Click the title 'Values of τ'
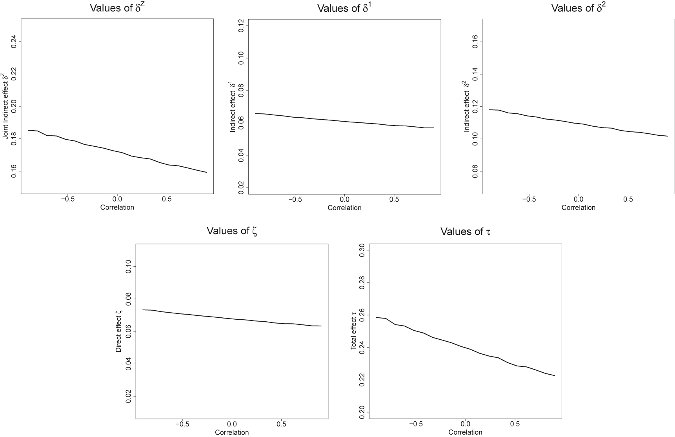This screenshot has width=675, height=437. pyautogui.click(x=465, y=231)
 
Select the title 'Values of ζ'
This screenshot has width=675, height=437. pyautogui.click(x=232, y=231)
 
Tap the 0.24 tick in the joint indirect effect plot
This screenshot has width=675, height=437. pyautogui.click(x=14, y=42)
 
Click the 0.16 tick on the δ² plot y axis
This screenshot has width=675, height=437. pyautogui.click(x=476, y=42)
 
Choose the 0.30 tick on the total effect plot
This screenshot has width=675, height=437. pyautogui.click(x=363, y=250)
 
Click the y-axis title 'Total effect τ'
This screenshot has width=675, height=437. pyautogui.click(x=354, y=330)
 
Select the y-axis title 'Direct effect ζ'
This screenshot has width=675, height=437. pyautogui.click(x=118, y=331)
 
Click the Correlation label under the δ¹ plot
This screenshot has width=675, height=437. pyautogui.click(x=345, y=208)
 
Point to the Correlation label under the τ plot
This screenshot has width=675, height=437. pyautogui.click(x=465, y=432)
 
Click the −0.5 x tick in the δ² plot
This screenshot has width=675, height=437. pyautogui.click(x=528, y=200)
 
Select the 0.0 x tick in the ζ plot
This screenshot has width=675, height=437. pyautogui.click(x=232, y=424)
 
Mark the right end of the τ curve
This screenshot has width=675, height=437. pyautogui.click(x=555, y=376)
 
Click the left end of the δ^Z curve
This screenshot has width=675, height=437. pyautogui.click(x=28, y=130)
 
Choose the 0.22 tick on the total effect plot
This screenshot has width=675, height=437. pyautogui.click(x=363, y=380)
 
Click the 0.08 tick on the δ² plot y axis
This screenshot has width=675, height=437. pyautogui.click(x=476, y=171)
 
